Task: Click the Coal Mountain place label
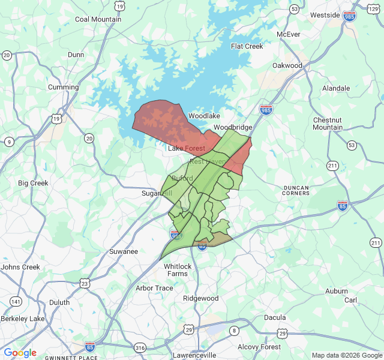(98, 19)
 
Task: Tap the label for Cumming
(64, 87)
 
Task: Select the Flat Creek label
(247, 46)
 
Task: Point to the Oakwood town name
(287, 65)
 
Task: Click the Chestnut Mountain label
(328, 124)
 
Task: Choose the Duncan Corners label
(296, 191)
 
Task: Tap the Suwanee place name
(124, 251)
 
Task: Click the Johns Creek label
(20, 267)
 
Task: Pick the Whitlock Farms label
(178, 270)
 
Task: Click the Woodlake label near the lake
(205, 115)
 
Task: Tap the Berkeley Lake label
(23, 318)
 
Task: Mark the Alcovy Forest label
(259, 347)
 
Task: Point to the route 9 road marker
(9, 142)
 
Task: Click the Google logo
(20, 353)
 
